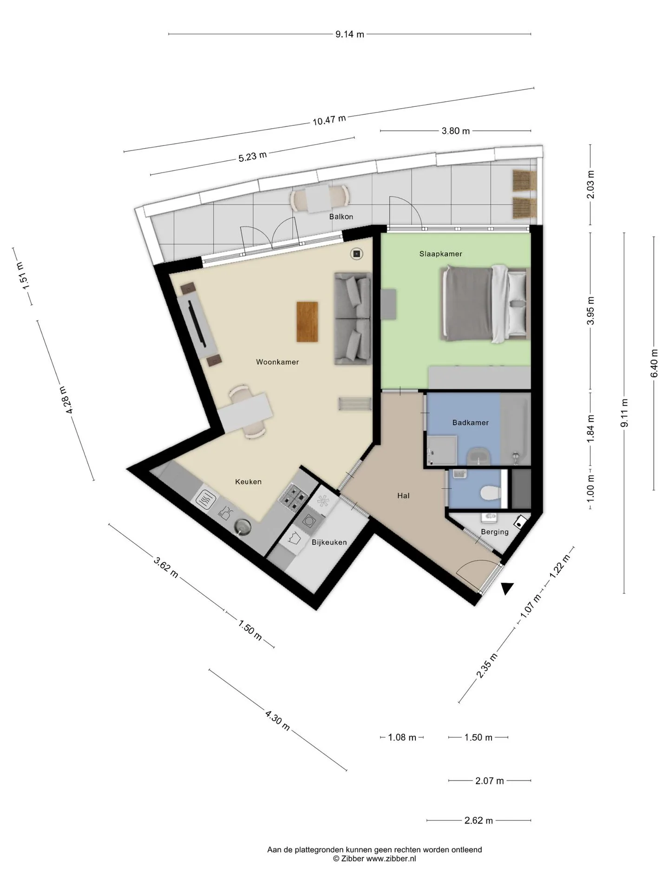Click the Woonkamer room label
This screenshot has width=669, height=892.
277,362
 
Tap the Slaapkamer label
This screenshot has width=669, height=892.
440,254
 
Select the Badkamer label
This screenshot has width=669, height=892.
471,422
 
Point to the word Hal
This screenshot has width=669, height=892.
403,496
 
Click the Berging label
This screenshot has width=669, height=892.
495,532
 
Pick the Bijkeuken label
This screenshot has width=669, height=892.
329,542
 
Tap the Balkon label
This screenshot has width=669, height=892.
341,216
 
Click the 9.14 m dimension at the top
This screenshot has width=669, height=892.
350,34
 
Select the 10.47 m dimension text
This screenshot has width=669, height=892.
329,120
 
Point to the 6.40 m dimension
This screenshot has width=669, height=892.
654,363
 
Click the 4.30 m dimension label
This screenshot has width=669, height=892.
278,721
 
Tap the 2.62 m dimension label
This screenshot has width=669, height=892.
479,820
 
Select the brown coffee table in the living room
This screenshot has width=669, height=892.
308,322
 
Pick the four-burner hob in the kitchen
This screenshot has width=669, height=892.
294,497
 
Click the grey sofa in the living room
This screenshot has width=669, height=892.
353,318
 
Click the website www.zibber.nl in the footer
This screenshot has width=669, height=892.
391,859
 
